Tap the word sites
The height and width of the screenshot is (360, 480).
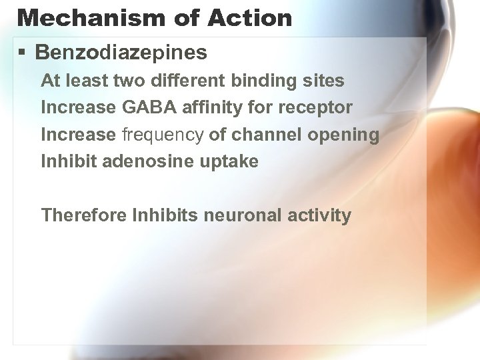[326, 81]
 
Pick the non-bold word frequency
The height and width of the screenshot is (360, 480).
[162, 135]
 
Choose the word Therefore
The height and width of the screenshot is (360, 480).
[85, 215]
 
